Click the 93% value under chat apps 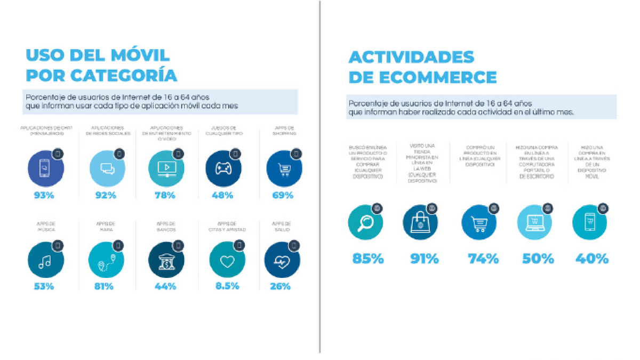pyautogui.click(x=44, y=195)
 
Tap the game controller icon pyautogui.click(x=223, y=169)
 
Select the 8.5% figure pyautogui.click(x=228, y=286)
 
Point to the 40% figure pyautogui.click(x=592, y=259)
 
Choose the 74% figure pyautogui.click(x=483, y=259)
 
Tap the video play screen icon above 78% pyautogui.click(x=167, y=169)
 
